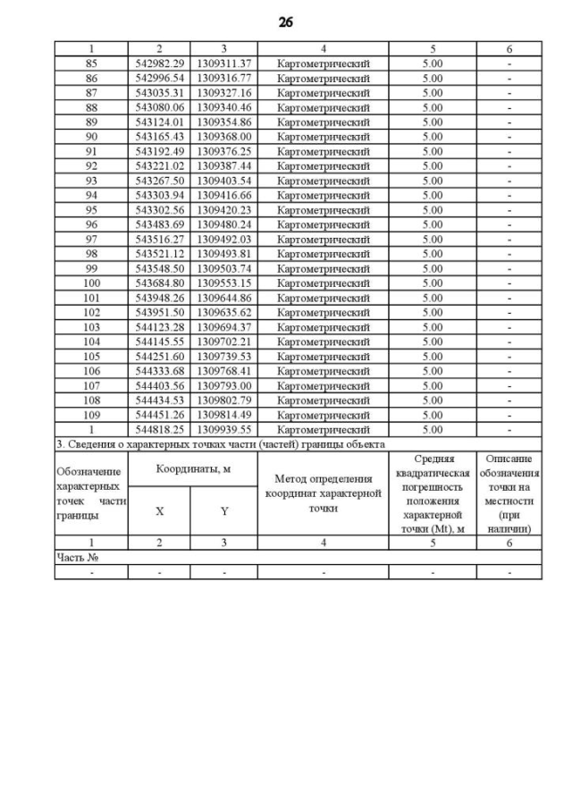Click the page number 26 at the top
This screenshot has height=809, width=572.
[x=286, y=21]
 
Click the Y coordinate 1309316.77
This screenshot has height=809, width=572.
[x=224, y=79]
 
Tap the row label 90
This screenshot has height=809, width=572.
[x=91, y=137]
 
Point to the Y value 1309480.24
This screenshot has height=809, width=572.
[x=224, y=224]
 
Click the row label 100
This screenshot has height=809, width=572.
[x=91, y=282]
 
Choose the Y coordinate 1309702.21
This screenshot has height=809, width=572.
[x=224, y=341]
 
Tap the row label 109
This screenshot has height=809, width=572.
[x=91, y=414]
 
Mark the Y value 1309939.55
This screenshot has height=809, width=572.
[x=224, y=428]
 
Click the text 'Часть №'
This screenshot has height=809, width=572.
[x=76, y=557]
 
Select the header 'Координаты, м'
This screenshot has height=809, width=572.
[x=193, y=468]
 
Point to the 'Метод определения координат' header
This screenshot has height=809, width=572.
[x=324, y=493]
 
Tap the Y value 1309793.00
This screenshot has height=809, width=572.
[x=224, y=385]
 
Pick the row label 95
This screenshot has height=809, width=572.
[x=91, y=210]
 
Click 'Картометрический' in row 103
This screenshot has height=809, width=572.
[x=324, y=326]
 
